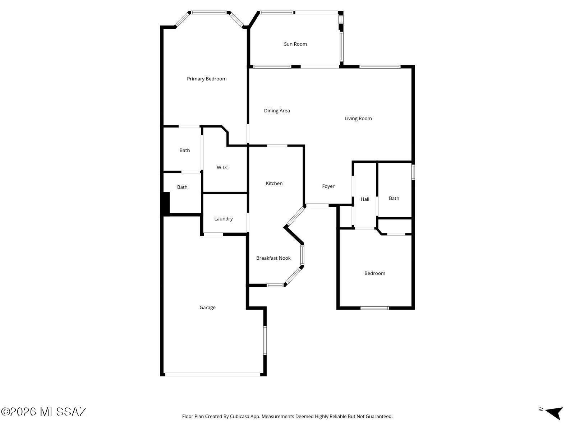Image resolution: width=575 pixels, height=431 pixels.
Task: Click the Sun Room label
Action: [x=295, y=44]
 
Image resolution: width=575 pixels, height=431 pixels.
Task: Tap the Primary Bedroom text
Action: [x=206, y=79]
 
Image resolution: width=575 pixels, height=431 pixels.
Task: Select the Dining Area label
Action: [x=277, y=111]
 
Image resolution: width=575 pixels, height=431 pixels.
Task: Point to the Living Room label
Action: [x=358, y=119]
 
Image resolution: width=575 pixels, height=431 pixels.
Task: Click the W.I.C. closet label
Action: [x=223, y=167]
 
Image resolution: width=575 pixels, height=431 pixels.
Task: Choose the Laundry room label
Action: [x=223, y=219]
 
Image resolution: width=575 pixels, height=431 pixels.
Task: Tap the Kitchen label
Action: [x=274, y=184]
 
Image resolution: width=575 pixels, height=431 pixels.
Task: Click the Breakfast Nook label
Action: [x=273, y=258]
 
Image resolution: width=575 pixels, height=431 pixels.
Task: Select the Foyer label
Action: [x=328, y=186]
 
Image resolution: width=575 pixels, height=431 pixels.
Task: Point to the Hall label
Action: [x=365, y=199]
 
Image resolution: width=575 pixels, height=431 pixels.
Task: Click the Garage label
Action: [x=207, y=307]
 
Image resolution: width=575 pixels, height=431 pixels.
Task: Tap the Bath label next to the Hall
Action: [x=394, y=198]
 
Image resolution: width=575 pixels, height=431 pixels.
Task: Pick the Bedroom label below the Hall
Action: [x=374, y=273]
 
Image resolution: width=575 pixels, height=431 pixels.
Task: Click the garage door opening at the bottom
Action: [x=213, y=375]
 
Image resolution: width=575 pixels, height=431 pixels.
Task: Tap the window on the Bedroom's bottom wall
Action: [x=374, y=308]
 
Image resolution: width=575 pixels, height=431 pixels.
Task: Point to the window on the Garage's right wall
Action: [x=265, y=340]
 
